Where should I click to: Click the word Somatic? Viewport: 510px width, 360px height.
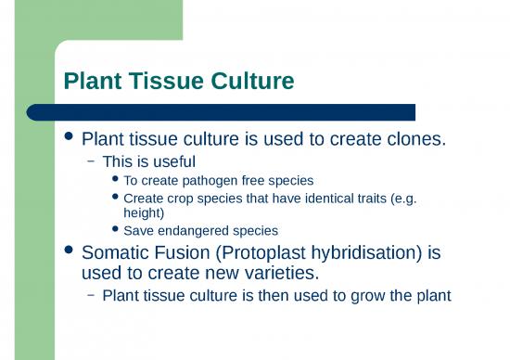coord(118,251)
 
